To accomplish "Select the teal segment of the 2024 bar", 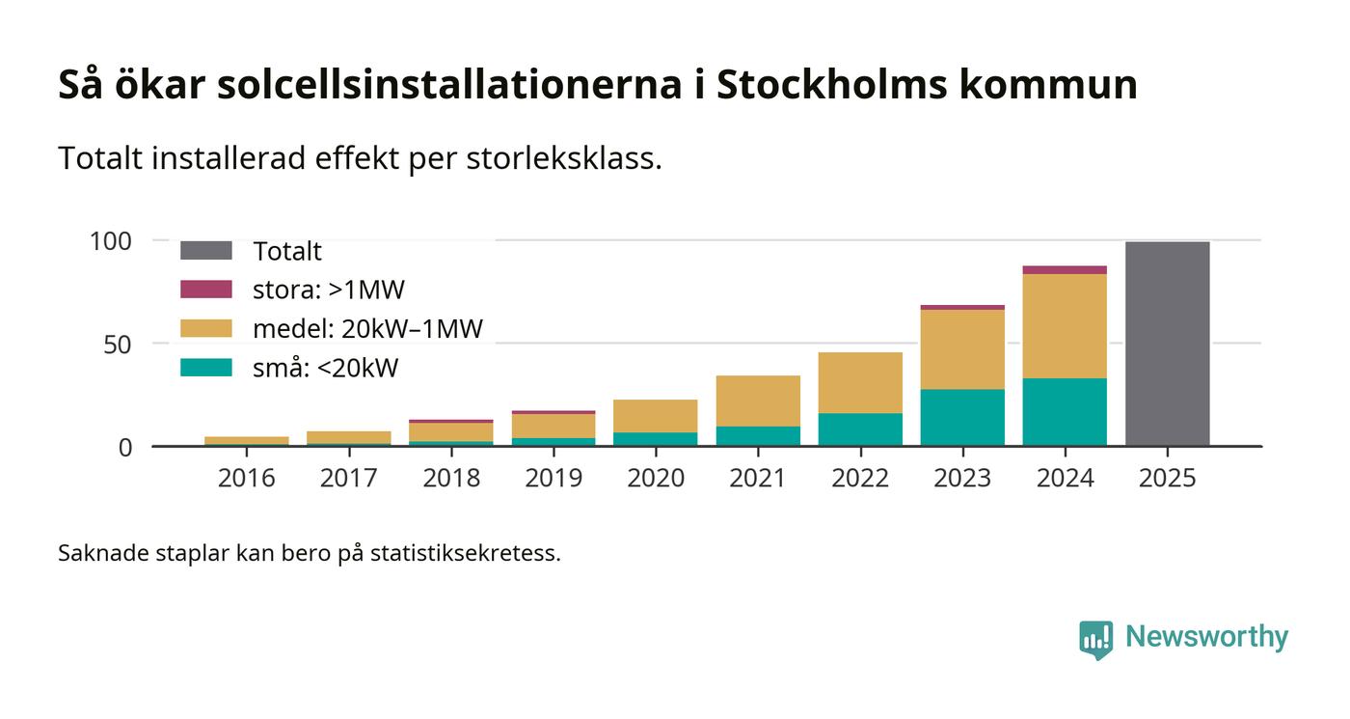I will click(1065, 412).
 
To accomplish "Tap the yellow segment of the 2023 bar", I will click(962, 349).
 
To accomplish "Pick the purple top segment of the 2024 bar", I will click(1065, 270).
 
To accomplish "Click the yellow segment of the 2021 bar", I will click(758, 401).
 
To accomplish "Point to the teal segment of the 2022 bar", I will click(860, 429).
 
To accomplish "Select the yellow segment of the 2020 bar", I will click(656, 416).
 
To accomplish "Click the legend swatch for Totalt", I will click(206, 251).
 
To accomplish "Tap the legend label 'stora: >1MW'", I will click(329, 290).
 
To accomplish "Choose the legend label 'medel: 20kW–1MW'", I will click(367, 329).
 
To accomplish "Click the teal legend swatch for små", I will click(206, 368).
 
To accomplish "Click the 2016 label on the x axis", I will click(247, 478).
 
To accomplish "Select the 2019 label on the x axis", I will click(553, 478).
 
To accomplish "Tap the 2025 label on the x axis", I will click(1167, 478).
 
